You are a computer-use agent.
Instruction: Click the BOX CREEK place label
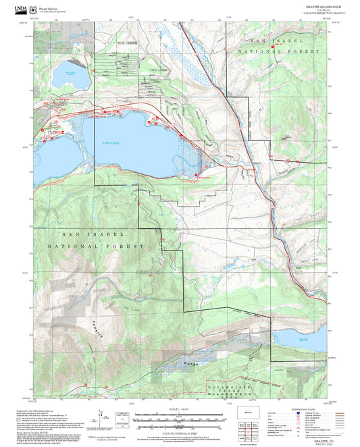126,43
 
